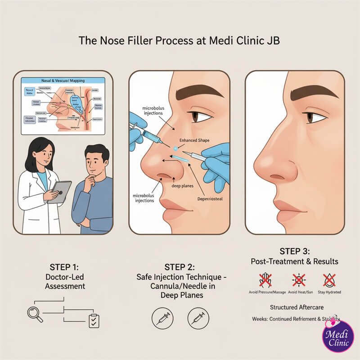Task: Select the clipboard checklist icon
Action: coord(94,320)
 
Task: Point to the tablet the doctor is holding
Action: coord(59,192)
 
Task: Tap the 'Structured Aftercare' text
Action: coord(295,307)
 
